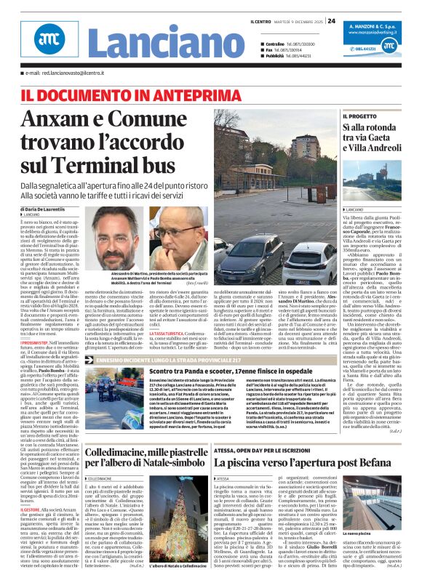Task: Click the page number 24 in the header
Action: (x=331, y=20)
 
